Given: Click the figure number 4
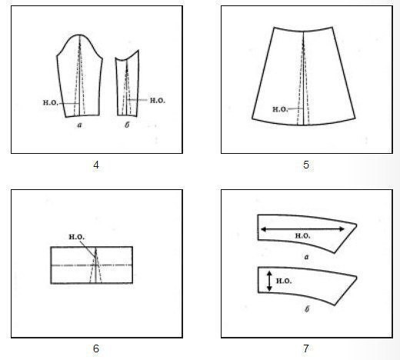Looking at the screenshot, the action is pos(96,165).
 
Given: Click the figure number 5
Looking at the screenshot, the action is pos(306,165).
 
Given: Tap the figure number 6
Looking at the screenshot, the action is pos(96,348).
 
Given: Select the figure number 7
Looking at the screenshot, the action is pos(306,348).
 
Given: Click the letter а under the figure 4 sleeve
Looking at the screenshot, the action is pos(79,125).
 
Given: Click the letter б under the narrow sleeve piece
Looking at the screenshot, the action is pos(127,125).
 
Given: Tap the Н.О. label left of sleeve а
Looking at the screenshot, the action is pos(50,103).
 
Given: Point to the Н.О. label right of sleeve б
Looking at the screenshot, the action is pos(158,101).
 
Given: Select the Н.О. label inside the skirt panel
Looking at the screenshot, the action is pos(280,109).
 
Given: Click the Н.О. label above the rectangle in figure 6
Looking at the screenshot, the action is pos(77,237).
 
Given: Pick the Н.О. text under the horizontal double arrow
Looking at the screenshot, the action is pos(303,235).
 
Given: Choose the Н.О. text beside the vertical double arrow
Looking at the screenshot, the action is pos(284,281).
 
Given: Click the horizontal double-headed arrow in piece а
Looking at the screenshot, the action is pos(302,229).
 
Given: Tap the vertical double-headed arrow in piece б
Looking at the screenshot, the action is pos(269,281).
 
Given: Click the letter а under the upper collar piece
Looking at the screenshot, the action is pos(306,257).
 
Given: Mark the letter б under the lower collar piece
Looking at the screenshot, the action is pos(307,308).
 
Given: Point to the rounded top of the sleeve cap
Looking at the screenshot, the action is pos(79,35).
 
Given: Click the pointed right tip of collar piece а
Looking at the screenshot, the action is pos(356,225).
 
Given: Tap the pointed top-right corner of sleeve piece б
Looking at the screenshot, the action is pos(138,50).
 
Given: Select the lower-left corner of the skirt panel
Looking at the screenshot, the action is pos(252,118).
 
